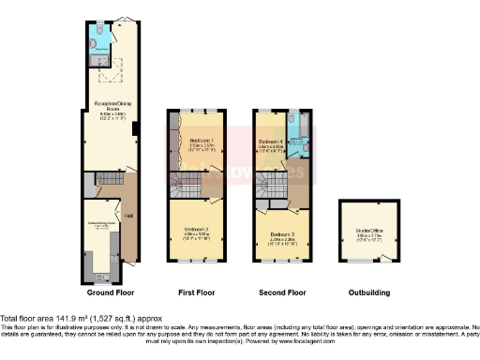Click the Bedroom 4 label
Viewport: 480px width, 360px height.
pos(270,142)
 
